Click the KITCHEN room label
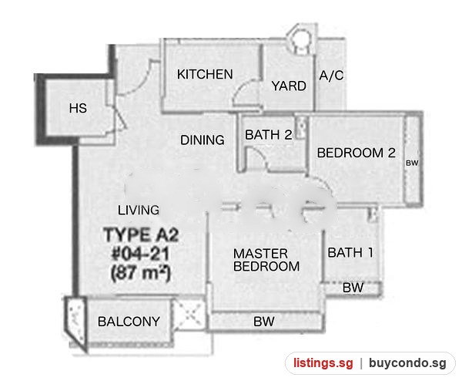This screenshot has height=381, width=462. pyautogui.click(x=205, y=74)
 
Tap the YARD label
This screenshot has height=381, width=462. pyautogui.click(x=289, y=86)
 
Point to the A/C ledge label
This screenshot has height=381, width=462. pyautogui.click(x=331, y=76)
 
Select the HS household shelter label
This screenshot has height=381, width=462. pyautogui.click(x=78, y=108)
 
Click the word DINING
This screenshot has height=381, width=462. pyautogui.click(x=203, y=140)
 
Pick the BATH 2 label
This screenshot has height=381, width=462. pyautogui.click(x=269, y=135)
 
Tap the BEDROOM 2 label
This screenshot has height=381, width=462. pyautogui.click(x=357, y=153)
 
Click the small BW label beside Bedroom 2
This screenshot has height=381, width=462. pyautogui.click(x=412, y=163)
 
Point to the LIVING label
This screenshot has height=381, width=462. pyautogui.click(x=139, y=210)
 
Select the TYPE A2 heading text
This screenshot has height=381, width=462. pyautogui.click(x=141, y=235)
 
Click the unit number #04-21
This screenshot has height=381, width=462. pyautogui.click(x=141, y=254)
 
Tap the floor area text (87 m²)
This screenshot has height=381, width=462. pyautogui.click(x=141, y=273)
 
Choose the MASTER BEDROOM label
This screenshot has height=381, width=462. pyautogui.click(x=266, y=260)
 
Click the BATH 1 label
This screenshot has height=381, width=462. pyautogui.click(x=350, y=253)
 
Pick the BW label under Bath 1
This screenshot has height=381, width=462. pyautogui.click(x=353, y=288)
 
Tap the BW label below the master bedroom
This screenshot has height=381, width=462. pyautogui.click(x=263, y=322)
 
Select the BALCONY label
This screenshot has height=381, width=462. pyautogui.click(x=129, y=322)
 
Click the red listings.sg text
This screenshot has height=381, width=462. pyautogui.click(x=323, y=362)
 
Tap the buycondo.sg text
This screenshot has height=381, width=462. pyautogui.click(x=407, y=363)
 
